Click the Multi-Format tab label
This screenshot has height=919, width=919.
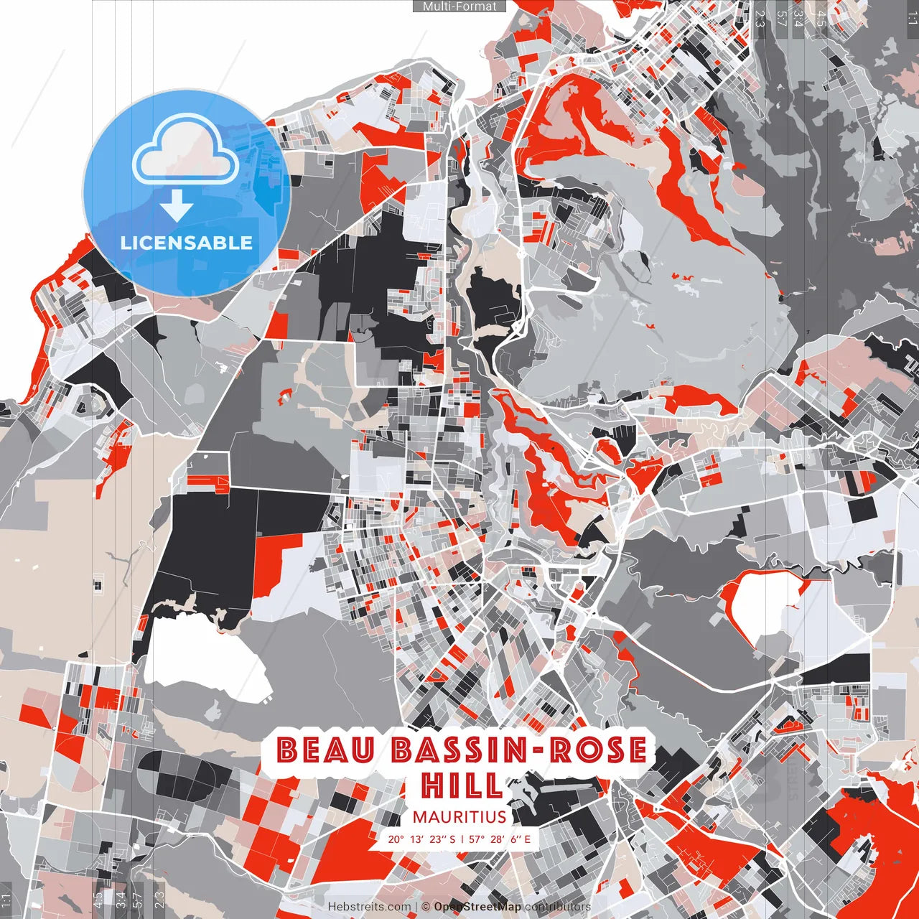tap(459, 6)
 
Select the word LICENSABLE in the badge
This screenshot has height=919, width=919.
tap(187, 243)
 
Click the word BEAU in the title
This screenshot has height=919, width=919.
tap(327, 750)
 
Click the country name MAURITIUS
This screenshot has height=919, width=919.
tap(459, 817)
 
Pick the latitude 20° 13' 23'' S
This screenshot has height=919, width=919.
tap(421, 839)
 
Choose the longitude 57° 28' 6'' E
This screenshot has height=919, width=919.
tap(500, 839)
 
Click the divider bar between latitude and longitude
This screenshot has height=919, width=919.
tap(462, 839)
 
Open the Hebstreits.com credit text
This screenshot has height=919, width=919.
tap(370, 907)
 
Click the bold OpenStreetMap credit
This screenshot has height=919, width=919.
tap(477, 907)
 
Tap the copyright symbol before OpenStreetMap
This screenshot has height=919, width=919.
tap(426, 907)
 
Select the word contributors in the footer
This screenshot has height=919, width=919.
tap(558, 907)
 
